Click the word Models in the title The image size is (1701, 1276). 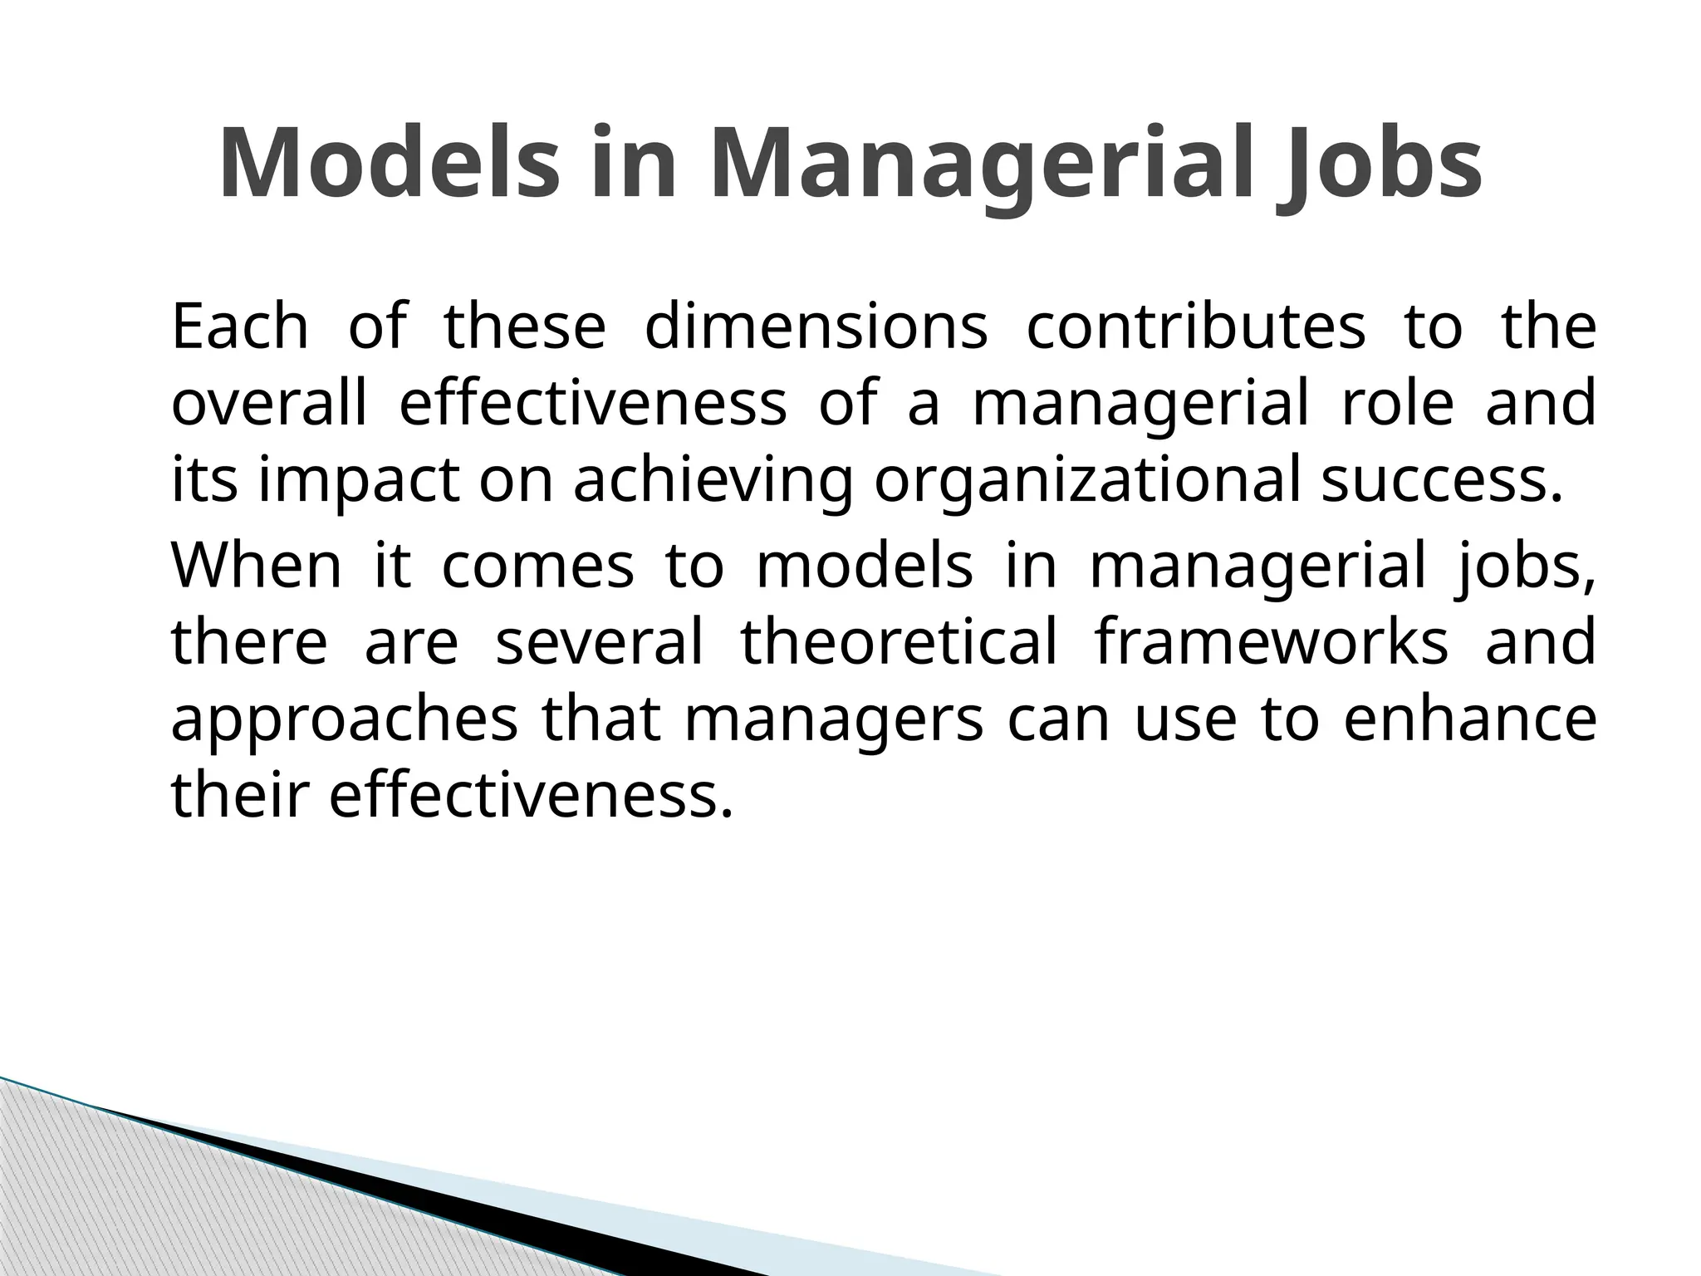390,164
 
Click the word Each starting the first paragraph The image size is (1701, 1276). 240,326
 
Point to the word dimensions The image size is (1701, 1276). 816,326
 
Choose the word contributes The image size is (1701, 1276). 1196,326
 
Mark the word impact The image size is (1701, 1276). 359,481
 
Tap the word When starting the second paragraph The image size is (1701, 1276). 256,566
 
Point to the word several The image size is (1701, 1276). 599,642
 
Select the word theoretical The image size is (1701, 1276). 900,642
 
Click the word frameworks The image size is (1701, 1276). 1272,642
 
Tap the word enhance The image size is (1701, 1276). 1469,720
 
